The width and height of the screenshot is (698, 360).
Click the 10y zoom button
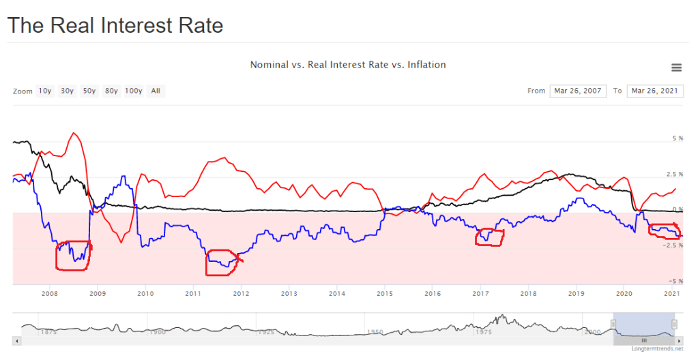(x=45, y=91)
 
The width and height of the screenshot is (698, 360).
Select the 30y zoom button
(x=67, y=91)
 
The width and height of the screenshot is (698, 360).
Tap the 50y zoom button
(x=89, y=91)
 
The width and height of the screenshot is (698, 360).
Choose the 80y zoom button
(x=111, y=91)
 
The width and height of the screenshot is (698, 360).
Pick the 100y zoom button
(x=134, y=91)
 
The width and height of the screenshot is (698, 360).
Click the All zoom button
(x=156, y=91)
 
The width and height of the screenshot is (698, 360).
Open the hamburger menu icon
(x=676, y=67)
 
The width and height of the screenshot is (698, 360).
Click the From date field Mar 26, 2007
(x=577, y=91)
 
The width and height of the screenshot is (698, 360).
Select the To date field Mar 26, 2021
(x=654, y=91)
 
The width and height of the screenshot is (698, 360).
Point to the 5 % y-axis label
(x=678, y=138)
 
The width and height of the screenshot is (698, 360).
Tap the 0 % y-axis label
(x=678, y=209)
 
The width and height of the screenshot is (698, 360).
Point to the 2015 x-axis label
(x=385, y=294)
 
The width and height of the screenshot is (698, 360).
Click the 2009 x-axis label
(x=98, y=294)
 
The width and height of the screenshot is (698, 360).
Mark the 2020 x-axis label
(x=624, y=294)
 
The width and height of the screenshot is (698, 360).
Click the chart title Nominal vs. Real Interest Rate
(x=348, y=65)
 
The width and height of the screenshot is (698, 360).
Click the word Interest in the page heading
(x=138, y=26)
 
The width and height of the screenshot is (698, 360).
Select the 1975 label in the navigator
(x=483, y=332)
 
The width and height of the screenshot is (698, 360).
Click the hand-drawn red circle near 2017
(x=490, y=237)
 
